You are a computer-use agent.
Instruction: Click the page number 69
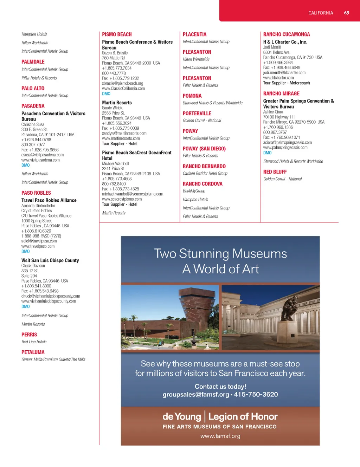346,13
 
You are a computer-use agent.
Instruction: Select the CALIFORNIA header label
320,13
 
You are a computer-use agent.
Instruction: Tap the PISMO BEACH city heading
117,34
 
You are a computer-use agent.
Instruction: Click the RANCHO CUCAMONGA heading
287,34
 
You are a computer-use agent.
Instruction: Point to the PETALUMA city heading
33,352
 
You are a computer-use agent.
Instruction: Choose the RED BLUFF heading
275,172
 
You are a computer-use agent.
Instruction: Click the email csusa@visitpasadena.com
43,155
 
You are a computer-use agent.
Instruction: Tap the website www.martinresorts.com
121,138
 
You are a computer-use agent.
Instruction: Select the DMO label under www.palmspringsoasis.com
267,153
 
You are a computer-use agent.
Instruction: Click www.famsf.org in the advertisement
220,436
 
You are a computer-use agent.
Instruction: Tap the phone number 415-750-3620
256,395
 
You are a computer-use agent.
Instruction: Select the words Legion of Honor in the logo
243,417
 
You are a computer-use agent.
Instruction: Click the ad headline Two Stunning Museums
220,254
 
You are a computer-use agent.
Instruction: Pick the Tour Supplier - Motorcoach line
287,83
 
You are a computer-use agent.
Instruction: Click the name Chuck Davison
33,266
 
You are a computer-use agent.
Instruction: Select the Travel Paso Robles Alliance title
49,200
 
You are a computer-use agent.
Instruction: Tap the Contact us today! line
220,387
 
